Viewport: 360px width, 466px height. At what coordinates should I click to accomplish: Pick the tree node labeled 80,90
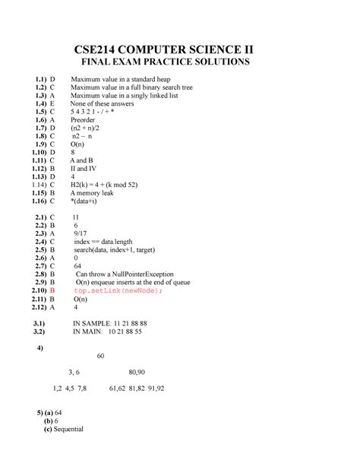[137, 372]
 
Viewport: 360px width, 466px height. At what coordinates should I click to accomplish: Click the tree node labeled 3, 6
[74, 372]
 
